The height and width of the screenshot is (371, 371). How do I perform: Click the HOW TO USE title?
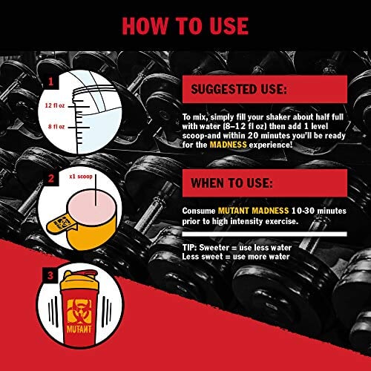185,24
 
